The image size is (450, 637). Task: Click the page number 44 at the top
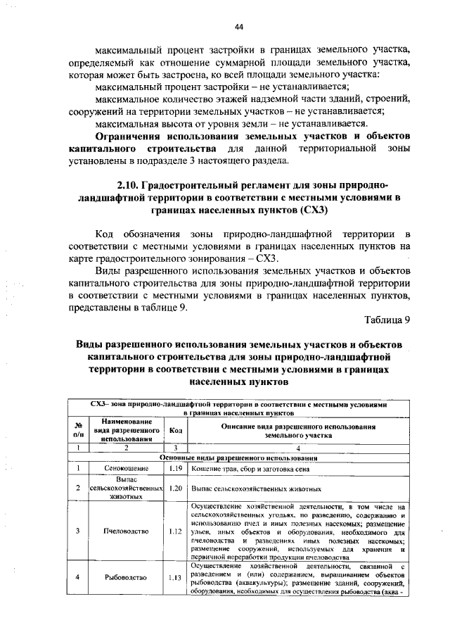[x=239, y=26]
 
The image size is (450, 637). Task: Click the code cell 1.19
[x=176, y=468]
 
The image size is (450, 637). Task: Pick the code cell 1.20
[x=176, y=487]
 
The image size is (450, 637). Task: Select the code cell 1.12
[x=176, y=531]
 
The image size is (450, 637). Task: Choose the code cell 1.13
[x=176, y=578]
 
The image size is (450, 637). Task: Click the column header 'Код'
[x=176, y=430]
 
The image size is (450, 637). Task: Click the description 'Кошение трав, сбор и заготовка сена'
[x=248, y=468]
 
